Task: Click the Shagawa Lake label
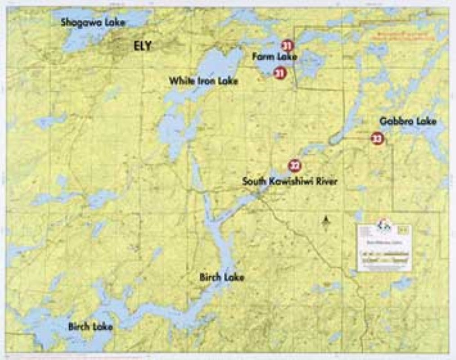click(x=93, y=22)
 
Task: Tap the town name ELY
click(x=143, y=45)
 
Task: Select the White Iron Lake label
click(x=203, y=81)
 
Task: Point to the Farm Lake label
click(x=274, y=57)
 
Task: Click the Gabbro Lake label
click(x=407, y=121)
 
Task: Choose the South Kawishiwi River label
click(x=290, y=182)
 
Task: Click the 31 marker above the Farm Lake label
click(x=287, y=45)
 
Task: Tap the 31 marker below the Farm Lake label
click(x=280, y=72)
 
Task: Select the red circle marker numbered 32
click(x=295, y=166)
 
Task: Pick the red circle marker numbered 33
click(x=377, y=139)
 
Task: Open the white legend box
click(x=384, y=247)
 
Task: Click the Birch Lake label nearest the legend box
click(x=222, y=277)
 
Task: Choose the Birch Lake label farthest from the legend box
click(x=90, y=326)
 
